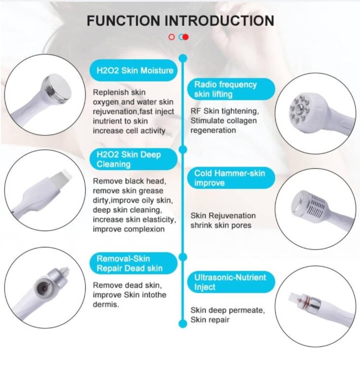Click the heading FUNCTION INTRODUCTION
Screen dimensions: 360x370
(x=180, y=21)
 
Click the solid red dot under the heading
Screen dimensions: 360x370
(x=185, y=37)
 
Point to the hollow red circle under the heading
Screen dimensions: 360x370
(x=172, y=37)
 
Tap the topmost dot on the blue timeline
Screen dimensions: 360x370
(x=183, y=58)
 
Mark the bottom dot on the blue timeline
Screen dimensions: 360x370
(x=183, y=324)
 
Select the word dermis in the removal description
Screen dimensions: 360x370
(x=105, y=304)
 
